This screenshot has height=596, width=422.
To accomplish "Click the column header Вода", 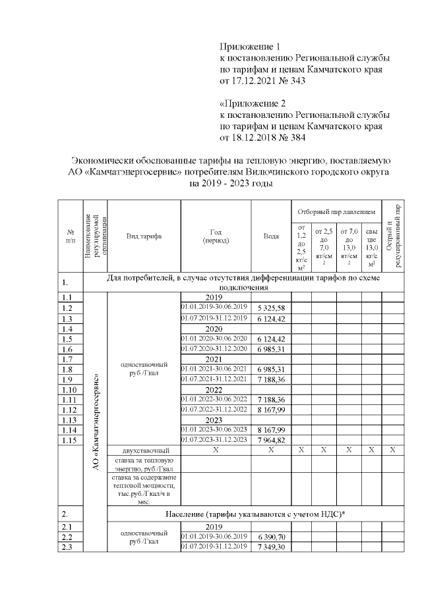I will pos(271,235).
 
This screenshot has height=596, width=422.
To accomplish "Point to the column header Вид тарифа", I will pos(143,235).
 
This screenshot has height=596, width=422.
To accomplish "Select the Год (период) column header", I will pos(216,236).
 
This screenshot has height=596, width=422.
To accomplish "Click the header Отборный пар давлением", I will pos(336,212).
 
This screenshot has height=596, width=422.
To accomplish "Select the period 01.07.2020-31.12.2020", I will pos(215,348).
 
